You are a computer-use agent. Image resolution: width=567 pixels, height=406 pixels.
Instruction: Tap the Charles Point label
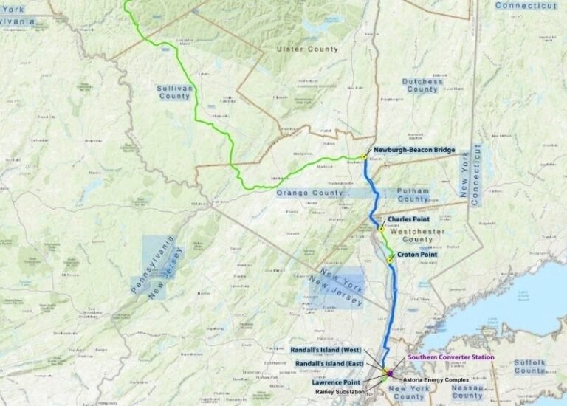tap(406, 219)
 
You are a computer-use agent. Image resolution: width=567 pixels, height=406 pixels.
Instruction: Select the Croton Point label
tap(417, 255)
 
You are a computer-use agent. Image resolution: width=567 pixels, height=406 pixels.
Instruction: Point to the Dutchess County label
tap(422, 85)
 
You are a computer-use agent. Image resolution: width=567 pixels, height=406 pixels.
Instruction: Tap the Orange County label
tap(310, 193)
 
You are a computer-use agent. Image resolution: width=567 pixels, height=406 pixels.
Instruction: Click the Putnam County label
tap(413, 195)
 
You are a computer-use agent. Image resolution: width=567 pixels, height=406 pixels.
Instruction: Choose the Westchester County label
tap(411, 235)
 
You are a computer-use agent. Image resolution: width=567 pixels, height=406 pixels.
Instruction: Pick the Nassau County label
tap(466, 390)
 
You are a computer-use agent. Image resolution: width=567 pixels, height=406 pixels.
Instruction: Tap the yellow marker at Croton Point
tap(389, 260)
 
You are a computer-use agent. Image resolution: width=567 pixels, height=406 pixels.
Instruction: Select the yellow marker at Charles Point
tap(380, 228)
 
